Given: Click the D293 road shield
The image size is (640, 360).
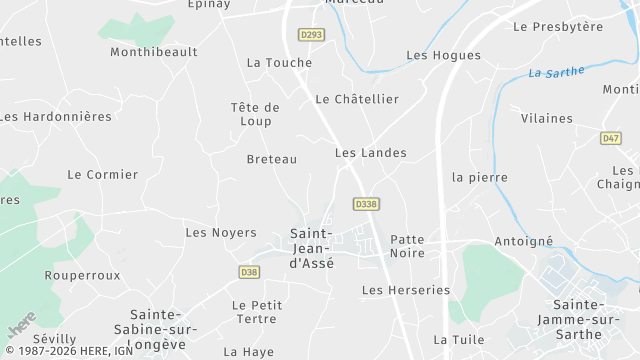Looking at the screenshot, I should pos(311,34).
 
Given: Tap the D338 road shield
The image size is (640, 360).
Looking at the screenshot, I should pos(366,204).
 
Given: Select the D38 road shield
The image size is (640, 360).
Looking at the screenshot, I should pos(249,272).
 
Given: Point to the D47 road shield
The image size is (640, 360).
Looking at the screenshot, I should pos(611,139).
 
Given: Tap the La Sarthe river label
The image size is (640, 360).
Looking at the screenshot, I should pos(555,72).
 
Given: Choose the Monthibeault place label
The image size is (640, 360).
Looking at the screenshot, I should pos(154,51).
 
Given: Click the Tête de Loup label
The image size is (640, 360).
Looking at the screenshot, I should pos(255,115).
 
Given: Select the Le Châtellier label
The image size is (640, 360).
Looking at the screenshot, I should pos(357,99).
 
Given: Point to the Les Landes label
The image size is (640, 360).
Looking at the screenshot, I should pos(370,153).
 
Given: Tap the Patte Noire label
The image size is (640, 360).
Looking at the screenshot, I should pos(407,246).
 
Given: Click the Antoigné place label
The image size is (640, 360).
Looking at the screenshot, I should pos(523,242).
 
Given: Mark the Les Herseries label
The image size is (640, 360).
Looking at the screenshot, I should pos(406,290).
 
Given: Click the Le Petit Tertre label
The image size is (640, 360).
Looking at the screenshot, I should pos(256,312).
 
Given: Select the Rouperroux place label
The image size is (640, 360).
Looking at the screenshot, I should pos(82,275).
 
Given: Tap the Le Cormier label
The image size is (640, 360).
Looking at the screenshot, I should pos(103,174).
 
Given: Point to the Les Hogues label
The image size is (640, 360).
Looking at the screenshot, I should pos(443,55).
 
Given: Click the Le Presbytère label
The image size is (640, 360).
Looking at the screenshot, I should pos(558,26).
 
